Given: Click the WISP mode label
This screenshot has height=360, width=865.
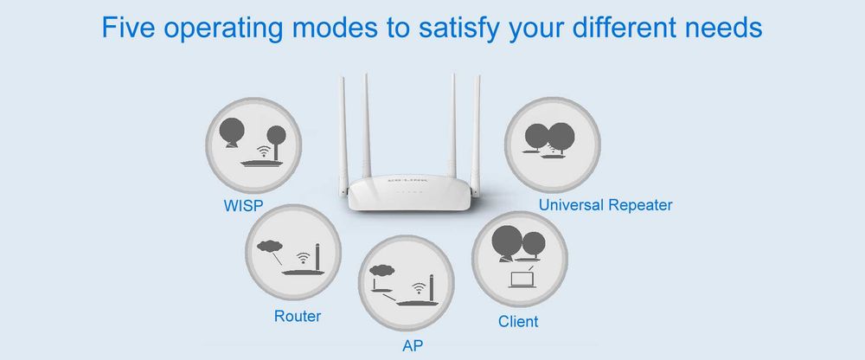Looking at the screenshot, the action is pos(243,206).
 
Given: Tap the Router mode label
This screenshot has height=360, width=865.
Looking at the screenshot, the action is pos(298,317).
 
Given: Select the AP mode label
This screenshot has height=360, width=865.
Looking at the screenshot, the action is pos(413,345).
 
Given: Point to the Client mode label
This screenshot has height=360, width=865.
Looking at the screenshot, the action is pos(518,321).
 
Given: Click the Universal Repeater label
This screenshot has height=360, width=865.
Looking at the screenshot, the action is pos(605,205).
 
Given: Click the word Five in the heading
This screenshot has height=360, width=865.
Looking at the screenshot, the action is pos(129,27).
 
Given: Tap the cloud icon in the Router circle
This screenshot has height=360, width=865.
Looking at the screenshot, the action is pos(270,247).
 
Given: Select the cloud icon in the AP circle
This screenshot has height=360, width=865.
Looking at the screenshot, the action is pos(382,271).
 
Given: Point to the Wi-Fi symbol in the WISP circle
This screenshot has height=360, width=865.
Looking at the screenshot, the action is pos(266,151).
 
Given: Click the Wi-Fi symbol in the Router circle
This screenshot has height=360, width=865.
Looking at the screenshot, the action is pos(302,257).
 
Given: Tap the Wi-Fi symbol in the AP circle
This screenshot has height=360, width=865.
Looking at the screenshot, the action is pos(420,287).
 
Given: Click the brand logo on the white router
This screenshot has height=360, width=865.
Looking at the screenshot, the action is pos(407,181).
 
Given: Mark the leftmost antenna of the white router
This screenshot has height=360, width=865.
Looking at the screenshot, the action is pos(343,136).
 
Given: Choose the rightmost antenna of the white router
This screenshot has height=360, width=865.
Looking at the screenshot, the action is pos(475,136).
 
